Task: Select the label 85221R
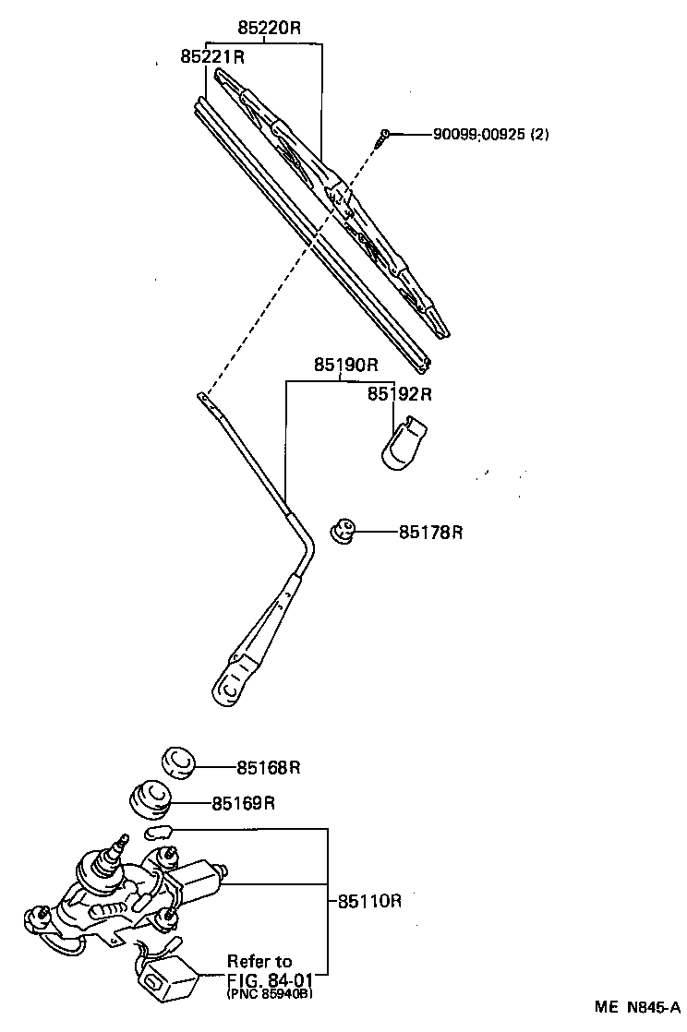pos(211,57)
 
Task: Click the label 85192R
pos(400,394)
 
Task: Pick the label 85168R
pos(269,767)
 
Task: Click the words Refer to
pos(260,961)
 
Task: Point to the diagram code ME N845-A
pos(636,1007)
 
